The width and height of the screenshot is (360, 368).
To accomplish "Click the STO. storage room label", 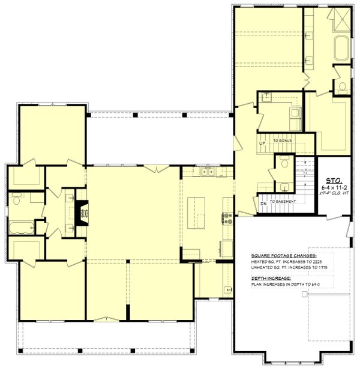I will pos(333,179).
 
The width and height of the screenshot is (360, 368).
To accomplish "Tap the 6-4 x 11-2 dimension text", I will pos(333,187).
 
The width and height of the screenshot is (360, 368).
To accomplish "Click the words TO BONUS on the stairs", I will pos(283,140).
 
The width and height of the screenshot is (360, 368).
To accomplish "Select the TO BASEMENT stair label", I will pos(283,202).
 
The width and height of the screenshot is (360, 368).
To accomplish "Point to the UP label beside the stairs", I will pos(262,144).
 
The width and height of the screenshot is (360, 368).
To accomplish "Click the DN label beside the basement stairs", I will pos(262,202).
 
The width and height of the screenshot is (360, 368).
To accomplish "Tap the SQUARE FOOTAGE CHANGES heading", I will pos(279,255).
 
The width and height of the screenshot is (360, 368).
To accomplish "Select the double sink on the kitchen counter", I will pos(207,172).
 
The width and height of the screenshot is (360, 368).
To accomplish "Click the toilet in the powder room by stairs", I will pos(283,162).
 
